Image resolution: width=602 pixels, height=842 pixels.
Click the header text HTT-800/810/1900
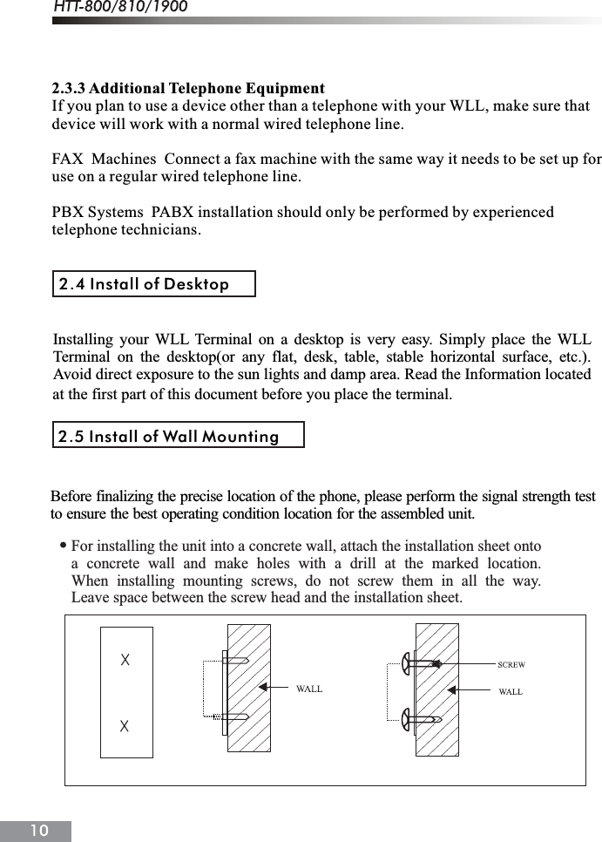121,8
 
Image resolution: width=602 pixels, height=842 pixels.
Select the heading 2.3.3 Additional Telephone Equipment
188,89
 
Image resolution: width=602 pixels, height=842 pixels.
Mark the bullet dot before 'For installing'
64,546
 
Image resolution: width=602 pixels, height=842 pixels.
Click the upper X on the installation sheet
125,660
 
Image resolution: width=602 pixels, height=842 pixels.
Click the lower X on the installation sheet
125,725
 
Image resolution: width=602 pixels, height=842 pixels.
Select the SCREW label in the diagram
511,665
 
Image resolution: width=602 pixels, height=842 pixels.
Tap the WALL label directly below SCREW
511,691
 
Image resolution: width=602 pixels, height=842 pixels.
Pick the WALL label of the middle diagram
308,689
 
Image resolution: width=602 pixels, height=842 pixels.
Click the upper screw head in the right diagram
406,664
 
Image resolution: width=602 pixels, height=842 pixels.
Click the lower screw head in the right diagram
406,720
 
